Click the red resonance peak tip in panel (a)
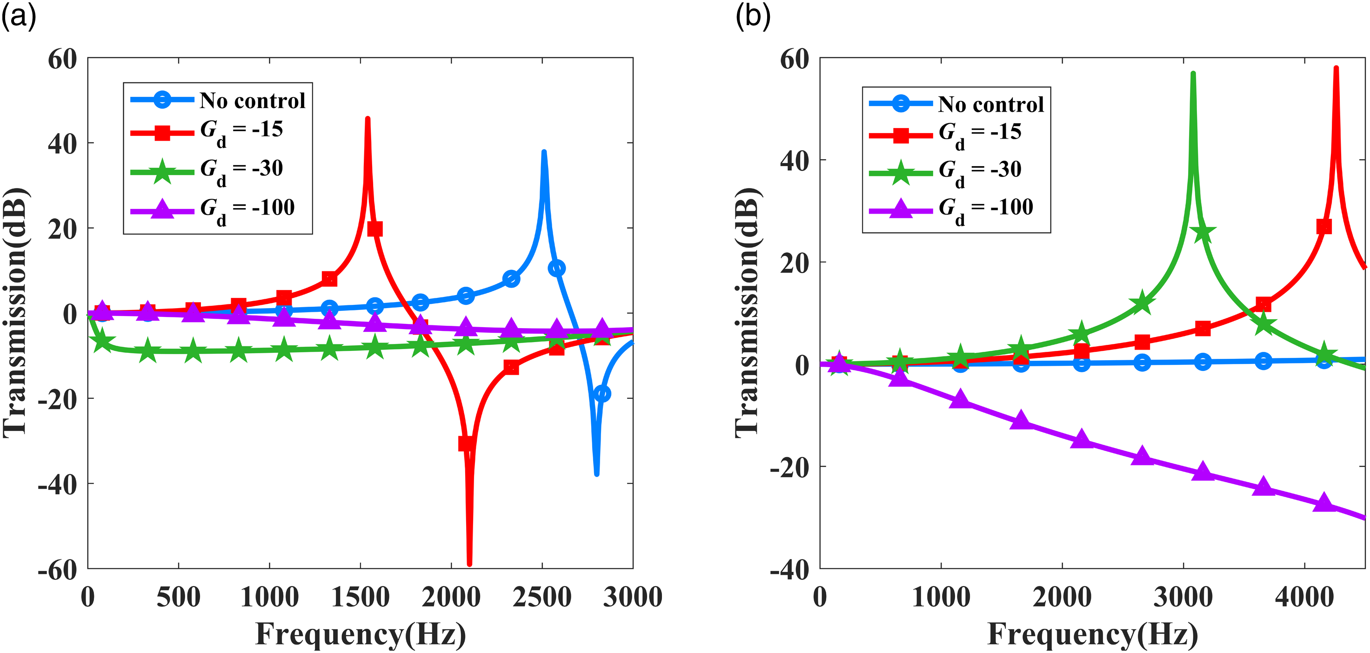(x=368, y=119)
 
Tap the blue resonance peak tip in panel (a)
(x=543, y=152)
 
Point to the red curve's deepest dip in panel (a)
(x=469, y=564)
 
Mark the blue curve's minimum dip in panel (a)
(x=597, y=474)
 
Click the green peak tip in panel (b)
(x=1193, y=74)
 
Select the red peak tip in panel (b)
(x=1336, y=68)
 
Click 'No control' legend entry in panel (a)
(x=218, y=100)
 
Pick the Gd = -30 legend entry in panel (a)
(x=207, y=171)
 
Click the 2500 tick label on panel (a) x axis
(x=542, y=597)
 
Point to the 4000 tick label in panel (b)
(x=1304, y=597)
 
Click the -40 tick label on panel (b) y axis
(x=790, y=570)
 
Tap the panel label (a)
(x=19, y=17)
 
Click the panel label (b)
(x=753, y=17)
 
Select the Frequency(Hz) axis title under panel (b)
(x=1093, y=634)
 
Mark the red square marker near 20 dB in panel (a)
(x=374, y=229)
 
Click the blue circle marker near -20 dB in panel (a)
(x=601, y=394)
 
